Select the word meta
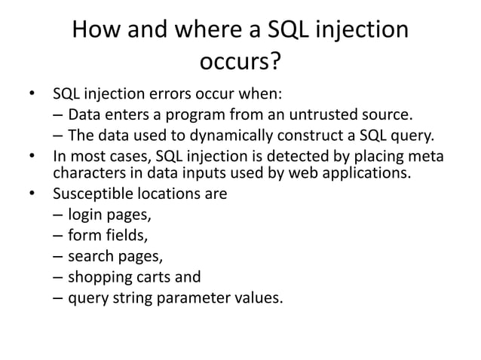tap(427, 157)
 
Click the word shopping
tap(99, 276)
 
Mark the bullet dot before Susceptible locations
tap(32, 194)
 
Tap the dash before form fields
tap(58, 235)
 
